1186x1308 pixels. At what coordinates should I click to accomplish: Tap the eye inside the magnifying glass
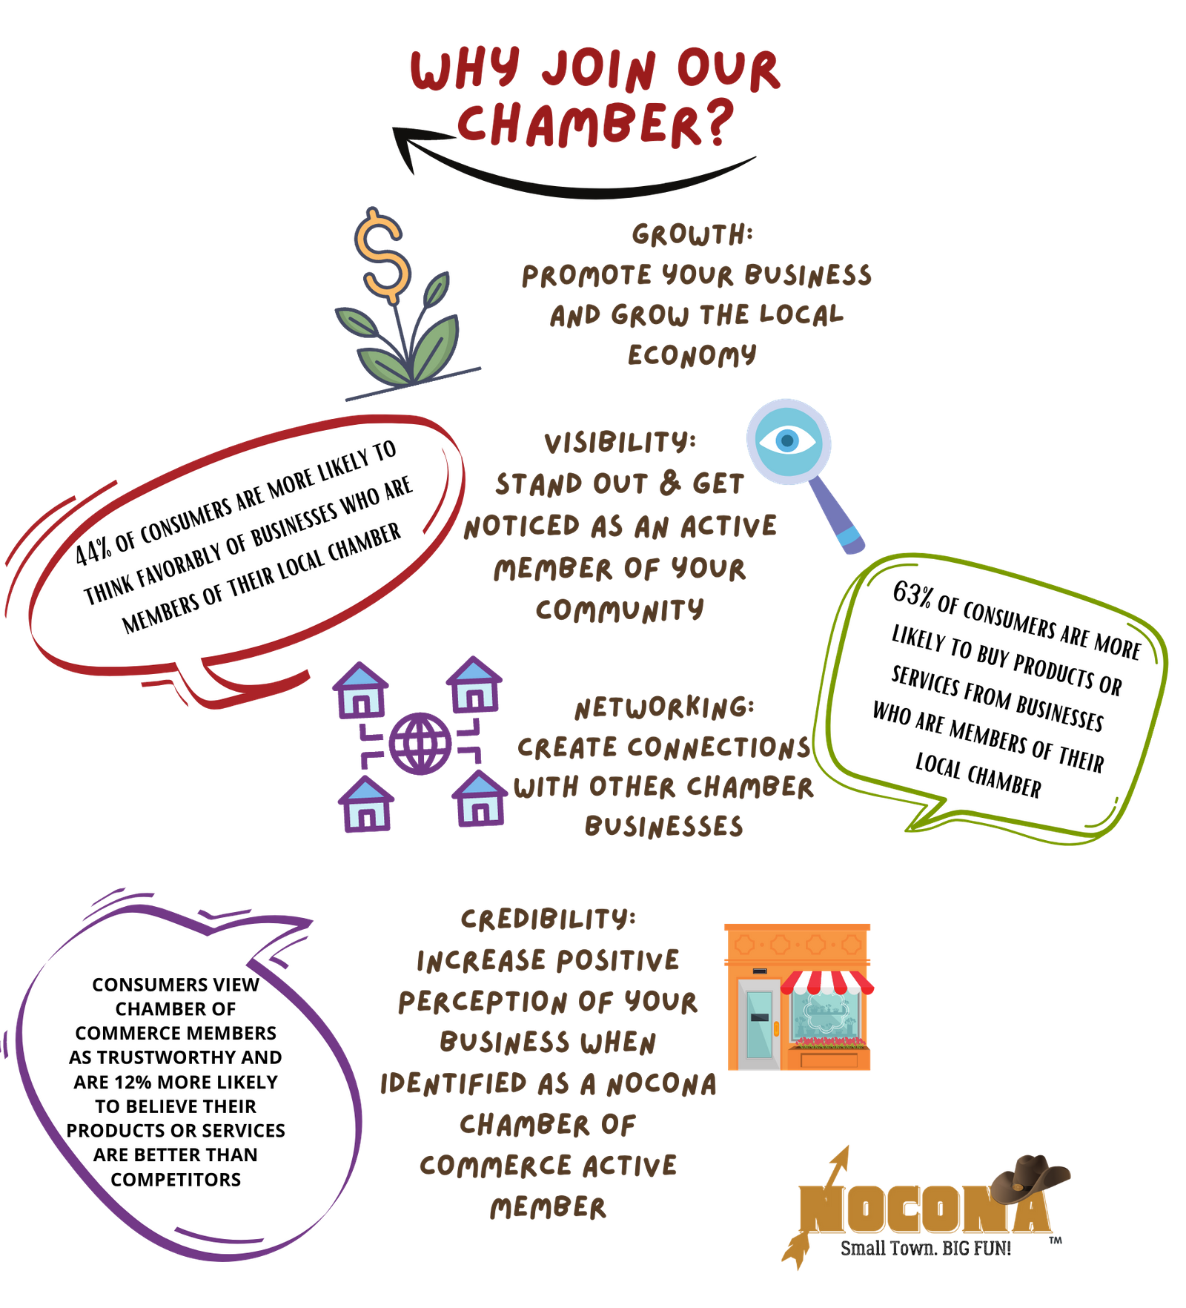tap(787, 441)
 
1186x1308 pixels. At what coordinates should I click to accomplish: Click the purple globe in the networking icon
tap(420, 743)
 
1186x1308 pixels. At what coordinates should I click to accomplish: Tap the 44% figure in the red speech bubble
tap(93, 551)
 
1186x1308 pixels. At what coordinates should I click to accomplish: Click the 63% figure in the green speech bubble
tap(911, 593)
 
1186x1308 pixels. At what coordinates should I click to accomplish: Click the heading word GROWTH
tap(692, 235)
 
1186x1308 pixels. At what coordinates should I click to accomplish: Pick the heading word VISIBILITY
tap(620, 443)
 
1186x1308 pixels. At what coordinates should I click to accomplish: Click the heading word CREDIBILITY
tap(548, 919)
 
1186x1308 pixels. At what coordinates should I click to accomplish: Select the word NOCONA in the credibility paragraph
tap(662, 1085)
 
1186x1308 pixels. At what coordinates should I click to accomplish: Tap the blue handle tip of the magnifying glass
tap(852, 540)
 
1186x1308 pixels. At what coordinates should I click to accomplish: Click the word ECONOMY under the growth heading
tap(692, 354)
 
